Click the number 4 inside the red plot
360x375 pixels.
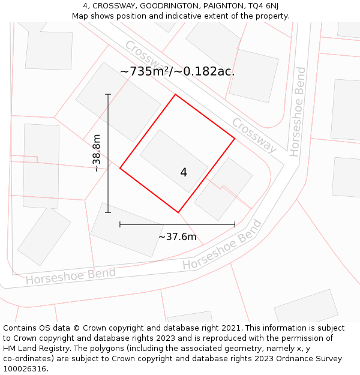184,173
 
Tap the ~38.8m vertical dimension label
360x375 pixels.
97,154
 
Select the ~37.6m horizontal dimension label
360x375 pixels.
177,237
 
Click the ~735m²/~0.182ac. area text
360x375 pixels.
177,71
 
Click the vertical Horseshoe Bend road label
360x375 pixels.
298,112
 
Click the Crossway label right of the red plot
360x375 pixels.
254,135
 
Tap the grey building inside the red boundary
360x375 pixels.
174,161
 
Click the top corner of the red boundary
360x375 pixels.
175,95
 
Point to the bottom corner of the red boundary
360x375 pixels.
178,212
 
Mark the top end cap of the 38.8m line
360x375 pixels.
108,94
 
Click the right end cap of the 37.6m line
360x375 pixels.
235,224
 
